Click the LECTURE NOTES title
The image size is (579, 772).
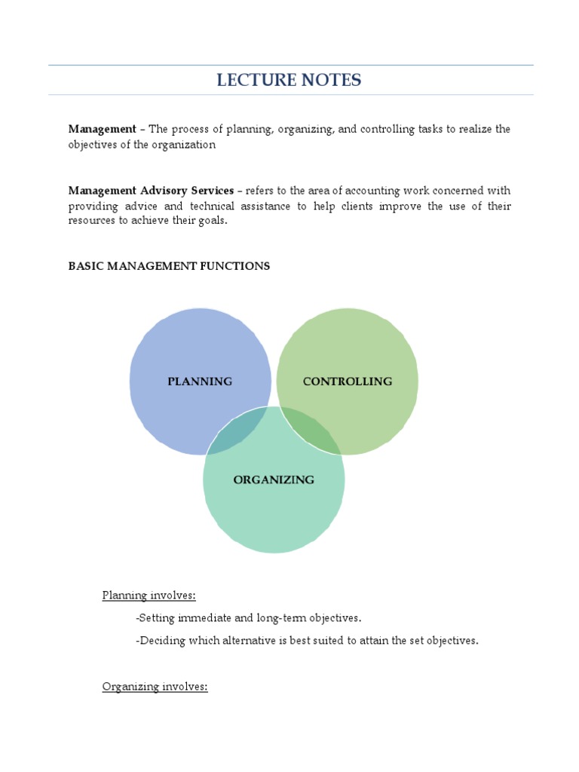pos(289,80)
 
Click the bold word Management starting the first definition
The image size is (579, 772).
pos(103,129)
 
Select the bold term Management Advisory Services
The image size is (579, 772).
pos(151,191)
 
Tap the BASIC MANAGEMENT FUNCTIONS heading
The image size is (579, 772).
pos(169,266)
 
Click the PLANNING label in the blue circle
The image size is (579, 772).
pos(200,381)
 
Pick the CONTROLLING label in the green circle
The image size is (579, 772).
pos(348,381)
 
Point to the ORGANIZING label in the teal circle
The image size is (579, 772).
pos(274,479)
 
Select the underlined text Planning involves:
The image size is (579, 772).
pos(149,596)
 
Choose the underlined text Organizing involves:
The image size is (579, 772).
pos(155,687)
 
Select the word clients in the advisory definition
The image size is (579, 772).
pos(361,206)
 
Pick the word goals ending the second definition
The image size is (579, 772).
pos(211,221)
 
